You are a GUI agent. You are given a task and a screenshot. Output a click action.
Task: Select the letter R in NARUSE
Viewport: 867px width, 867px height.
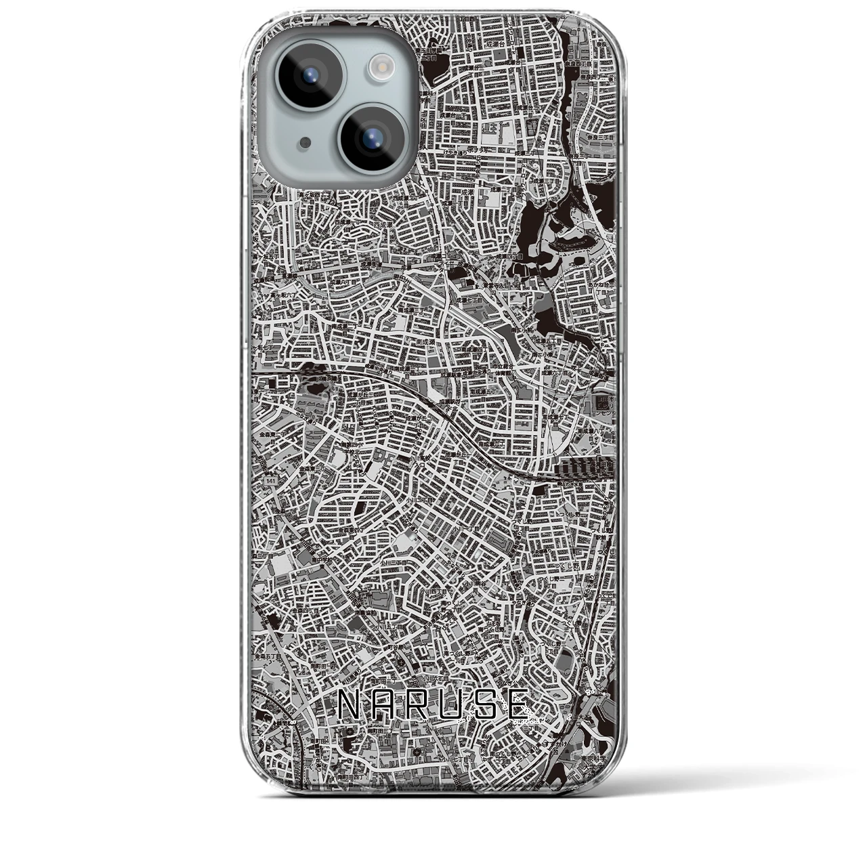tap(419, 706)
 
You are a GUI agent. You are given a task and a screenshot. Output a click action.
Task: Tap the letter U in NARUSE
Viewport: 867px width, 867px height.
tap(452, 706)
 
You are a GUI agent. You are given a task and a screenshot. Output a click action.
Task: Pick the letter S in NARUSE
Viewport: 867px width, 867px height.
tap(486, 706)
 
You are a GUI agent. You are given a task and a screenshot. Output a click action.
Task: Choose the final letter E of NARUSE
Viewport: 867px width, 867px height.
tap(519, 706)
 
